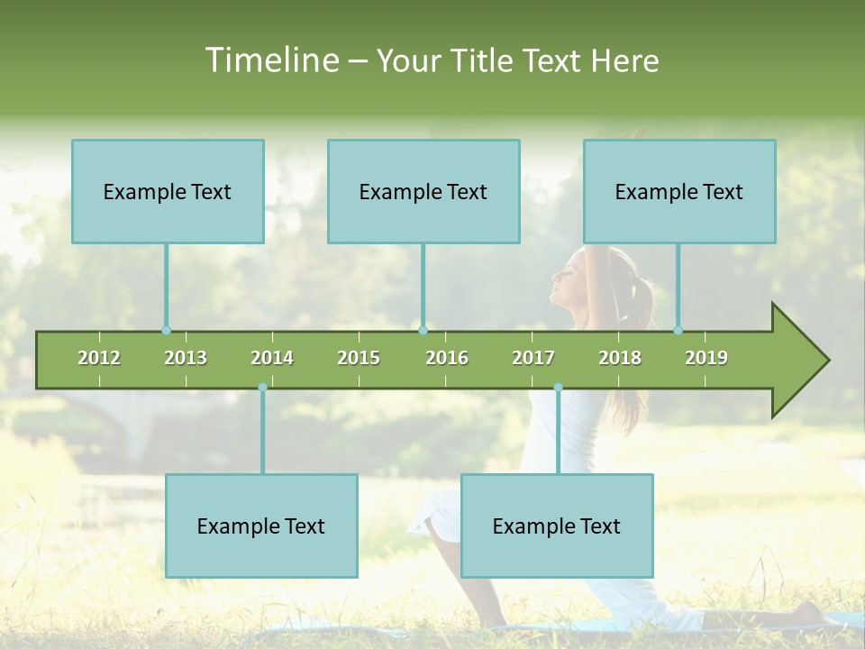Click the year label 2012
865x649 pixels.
pyautogui.click(x=99, y=358)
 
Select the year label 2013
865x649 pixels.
pyautogui.click(x=186, y=358)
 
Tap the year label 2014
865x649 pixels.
pyautogui.click(x=272, y=358)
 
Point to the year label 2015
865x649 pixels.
pyautogui.click(x=359, y=358)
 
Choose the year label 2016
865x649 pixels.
pyautogui.click(x=447, y=358)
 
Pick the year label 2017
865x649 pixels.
pyautogui.click(x=533, y=358)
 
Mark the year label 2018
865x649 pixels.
pyautogui.click(x=620, y=358)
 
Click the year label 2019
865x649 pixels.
pyautogui.click(x=706, y=358)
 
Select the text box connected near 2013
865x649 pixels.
pyautogui.click(x=168, y=191)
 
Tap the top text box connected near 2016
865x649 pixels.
pyautogui.click(x=423, y=191)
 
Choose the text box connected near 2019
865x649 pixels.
pyautogui.click(x=679, y=191)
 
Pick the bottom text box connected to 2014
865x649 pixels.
pyautogui.click(x=261, y=526)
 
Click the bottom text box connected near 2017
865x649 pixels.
pyautogui.click(x=557, y=526)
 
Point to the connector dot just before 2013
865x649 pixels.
pyautogui.click(x=166, y=330)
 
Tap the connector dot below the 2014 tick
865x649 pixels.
pyautogui.click(x=262, y=388)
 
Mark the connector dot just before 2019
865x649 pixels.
pyautogui.click(x=678, y=330)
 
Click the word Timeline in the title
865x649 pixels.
pyautogui.click(x=270, y=60)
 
